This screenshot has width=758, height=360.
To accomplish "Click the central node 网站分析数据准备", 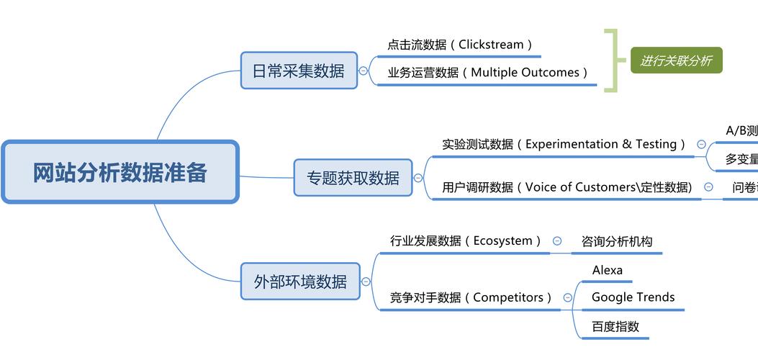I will point(119,173).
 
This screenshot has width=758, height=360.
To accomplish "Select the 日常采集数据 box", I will point(299,71).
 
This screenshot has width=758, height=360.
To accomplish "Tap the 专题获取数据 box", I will point(353,178).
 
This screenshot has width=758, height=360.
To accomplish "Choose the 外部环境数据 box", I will point(300,282).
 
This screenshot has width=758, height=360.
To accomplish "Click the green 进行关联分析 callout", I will point(676,61).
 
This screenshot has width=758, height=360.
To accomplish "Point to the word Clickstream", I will point(491,45).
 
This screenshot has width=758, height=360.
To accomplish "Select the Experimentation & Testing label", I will point(600,144).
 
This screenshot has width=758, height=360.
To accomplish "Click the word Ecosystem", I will point(502,241).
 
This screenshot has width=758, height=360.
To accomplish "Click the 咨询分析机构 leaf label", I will point(616,242).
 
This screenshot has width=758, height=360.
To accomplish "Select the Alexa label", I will point(607,271).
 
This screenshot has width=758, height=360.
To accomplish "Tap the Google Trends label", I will point(633,297).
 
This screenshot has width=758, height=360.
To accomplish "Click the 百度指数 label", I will point(615,326).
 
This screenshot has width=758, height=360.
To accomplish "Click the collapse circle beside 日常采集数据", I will point(364,71).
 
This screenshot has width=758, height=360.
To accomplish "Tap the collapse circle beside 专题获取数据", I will point(418,178).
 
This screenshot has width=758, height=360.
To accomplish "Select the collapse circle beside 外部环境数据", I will point(366,282).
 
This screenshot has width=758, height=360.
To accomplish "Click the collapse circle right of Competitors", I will point(567,297).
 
